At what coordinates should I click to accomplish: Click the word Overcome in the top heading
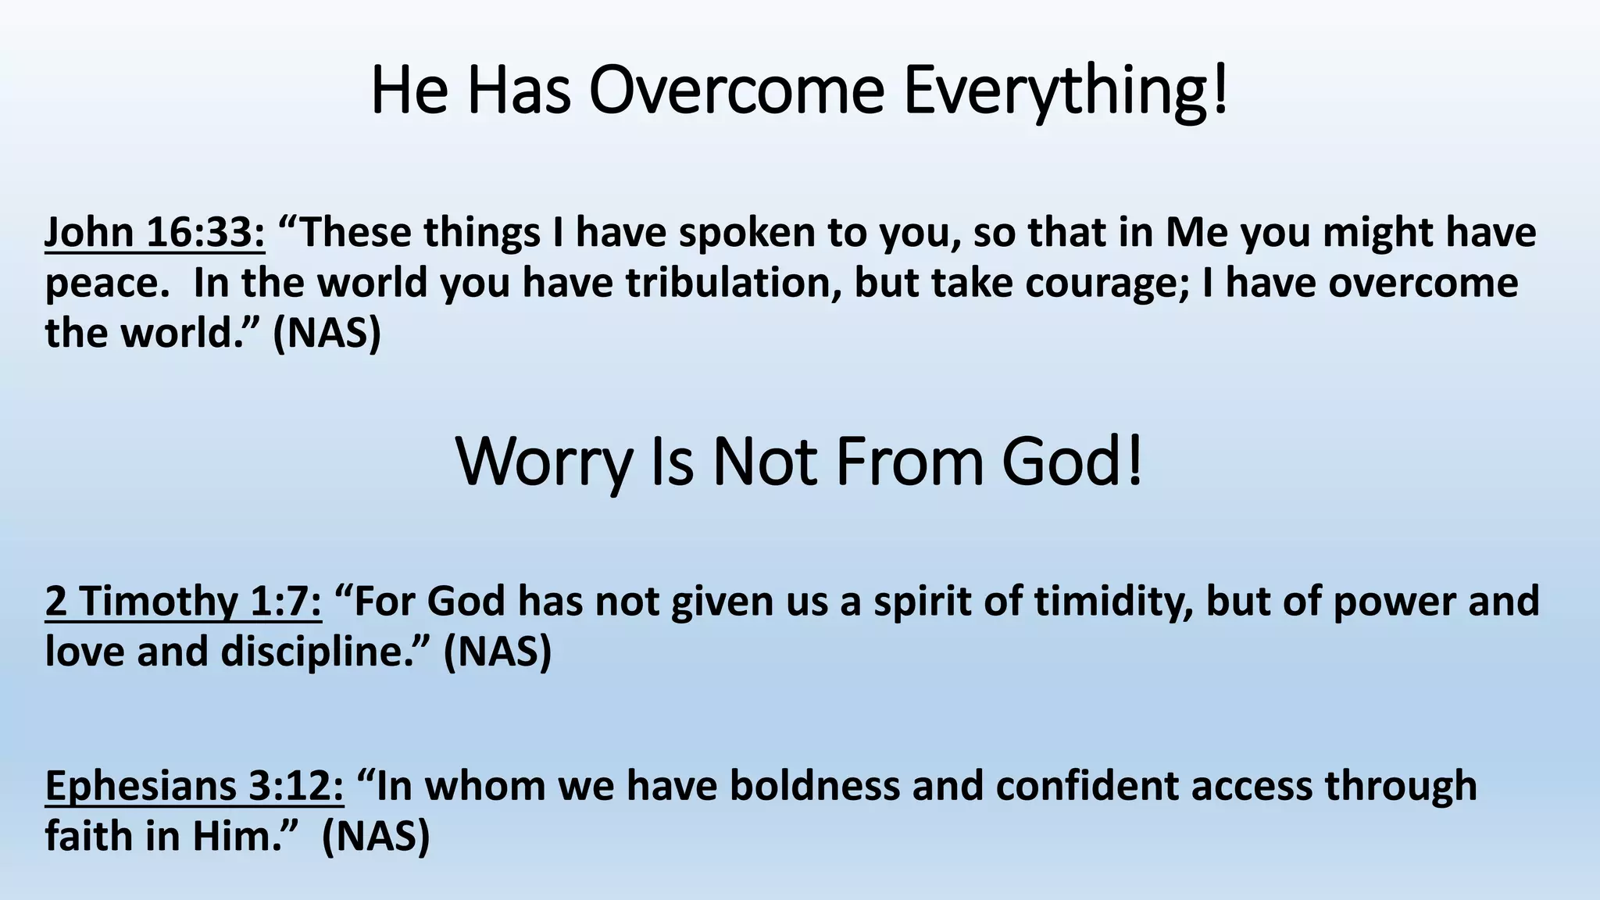click(x=736, y=91)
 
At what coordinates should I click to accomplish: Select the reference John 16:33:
click(x=155, y=233)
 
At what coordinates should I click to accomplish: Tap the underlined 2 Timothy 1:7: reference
click(x=183, y=602)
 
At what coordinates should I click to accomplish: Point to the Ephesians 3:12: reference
click(x=195, y=786)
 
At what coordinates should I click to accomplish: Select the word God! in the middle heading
click(x=1073, y=462)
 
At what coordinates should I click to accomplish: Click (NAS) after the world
click(x=327, y=334)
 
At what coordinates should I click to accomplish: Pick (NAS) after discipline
click(x=498, y=652)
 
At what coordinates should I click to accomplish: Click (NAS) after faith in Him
click(x=376, y=837)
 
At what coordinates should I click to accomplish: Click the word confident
click(x=1087, y=786)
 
